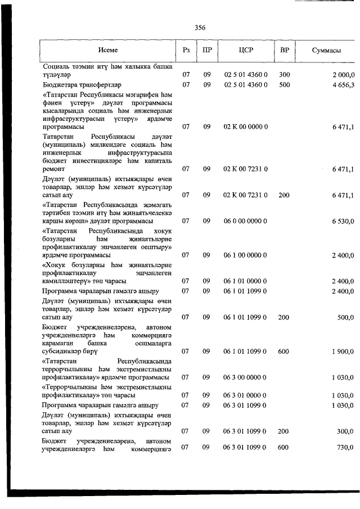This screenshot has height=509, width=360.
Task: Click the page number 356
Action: point(200,28)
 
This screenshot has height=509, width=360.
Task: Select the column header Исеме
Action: point(107,50)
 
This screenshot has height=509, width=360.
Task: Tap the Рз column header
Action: point(186,50)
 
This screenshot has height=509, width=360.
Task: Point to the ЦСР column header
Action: point(246,50)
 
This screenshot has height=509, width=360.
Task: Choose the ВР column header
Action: point(285,50)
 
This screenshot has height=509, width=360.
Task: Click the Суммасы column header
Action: point(327,51)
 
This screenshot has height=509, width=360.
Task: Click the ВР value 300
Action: point(284,75)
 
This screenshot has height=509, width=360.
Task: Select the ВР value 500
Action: point(284,85)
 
